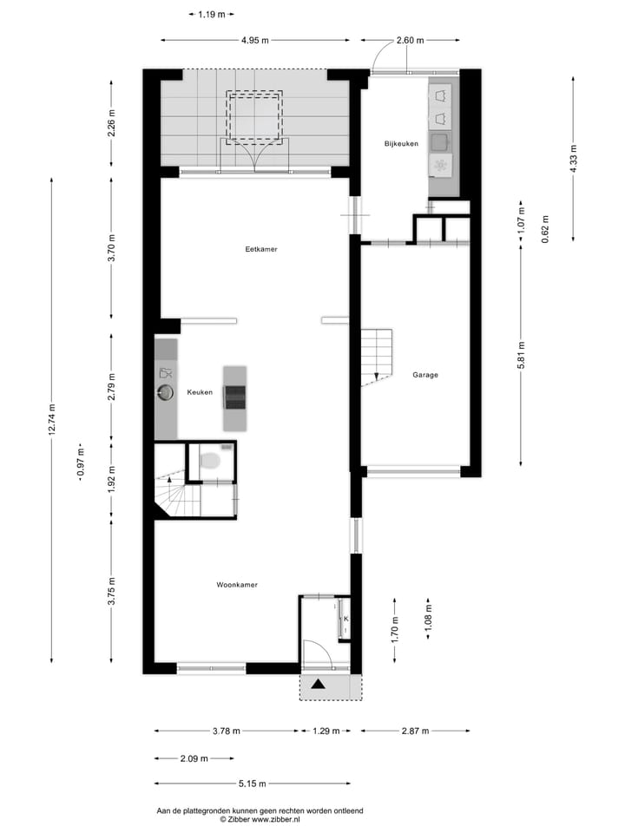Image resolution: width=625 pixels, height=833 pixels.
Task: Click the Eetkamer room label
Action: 261,249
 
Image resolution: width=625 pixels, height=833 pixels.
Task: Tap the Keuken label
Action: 200,393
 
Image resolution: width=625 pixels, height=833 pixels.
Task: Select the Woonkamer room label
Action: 237,585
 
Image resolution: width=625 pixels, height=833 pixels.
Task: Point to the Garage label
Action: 425,375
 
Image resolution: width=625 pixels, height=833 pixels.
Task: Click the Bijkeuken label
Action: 401,144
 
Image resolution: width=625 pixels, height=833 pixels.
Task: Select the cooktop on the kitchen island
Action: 234,397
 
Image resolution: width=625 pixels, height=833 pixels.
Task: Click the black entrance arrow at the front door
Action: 319,685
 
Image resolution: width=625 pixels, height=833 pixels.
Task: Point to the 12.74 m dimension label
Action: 52,420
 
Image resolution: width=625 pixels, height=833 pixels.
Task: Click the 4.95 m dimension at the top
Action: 254,40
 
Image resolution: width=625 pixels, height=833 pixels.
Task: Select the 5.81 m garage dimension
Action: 521,354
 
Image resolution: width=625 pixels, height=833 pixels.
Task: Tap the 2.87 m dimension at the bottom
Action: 416,731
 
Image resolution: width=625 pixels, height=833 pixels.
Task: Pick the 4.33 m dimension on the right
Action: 573,160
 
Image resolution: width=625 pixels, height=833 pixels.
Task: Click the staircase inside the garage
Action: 377,356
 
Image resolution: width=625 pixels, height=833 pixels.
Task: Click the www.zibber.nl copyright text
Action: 260,818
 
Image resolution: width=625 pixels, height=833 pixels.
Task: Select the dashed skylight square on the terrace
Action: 254,117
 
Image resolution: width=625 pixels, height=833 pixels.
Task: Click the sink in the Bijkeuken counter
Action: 441,141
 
